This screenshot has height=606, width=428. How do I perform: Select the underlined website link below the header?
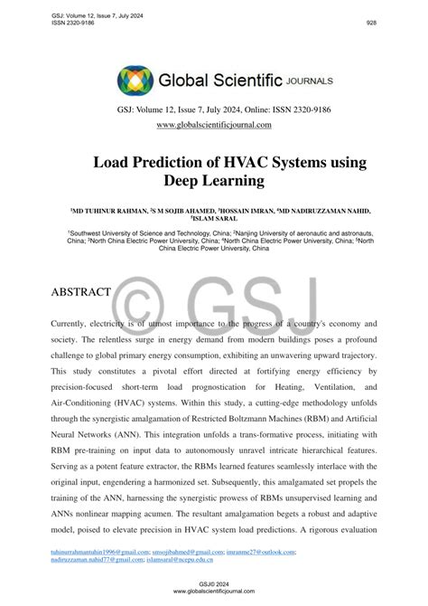213,125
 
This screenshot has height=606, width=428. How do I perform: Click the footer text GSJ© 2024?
214,583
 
